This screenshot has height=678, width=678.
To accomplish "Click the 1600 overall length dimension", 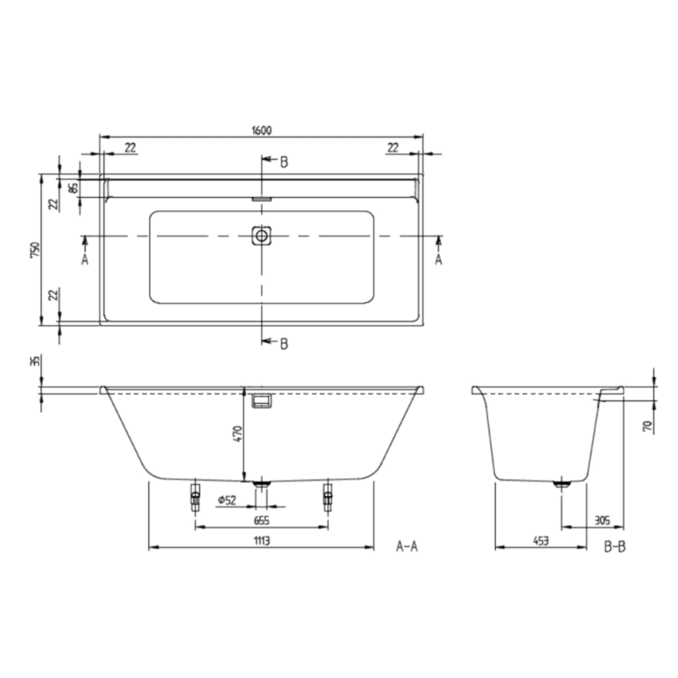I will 262,131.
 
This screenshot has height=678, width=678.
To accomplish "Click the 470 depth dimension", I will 238,433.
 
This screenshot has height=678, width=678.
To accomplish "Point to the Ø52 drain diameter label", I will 227,500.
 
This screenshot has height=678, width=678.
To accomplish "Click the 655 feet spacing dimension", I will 262,521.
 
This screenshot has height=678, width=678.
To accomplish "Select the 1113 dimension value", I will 262,541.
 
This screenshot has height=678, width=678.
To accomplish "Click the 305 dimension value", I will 602,521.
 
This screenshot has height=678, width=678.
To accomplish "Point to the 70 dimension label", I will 648,426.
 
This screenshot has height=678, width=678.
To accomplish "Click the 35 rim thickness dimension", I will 35,361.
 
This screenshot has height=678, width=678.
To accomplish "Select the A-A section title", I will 406,546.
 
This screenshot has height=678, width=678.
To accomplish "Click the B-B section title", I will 614,547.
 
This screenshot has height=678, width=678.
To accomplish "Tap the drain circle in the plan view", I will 261,236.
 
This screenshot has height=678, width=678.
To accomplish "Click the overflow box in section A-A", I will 262,401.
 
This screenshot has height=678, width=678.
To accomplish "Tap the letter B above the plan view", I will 284,162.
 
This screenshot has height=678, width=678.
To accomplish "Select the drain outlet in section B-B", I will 562,484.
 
